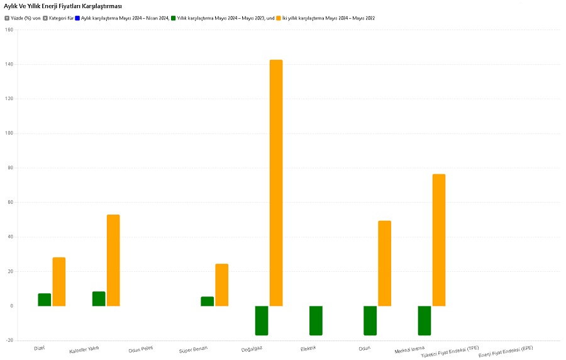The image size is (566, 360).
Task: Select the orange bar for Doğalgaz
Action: tap(276, 183)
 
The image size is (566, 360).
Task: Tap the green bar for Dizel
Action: tap(44, 300)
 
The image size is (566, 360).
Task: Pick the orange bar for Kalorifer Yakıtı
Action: tap(113, 260)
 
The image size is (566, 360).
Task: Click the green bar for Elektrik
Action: tap(316, 320)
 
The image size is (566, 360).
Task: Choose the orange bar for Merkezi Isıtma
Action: tap(439, 240)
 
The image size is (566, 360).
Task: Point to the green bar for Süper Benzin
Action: tap(207, 301)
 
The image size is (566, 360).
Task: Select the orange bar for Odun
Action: tap(384, 263)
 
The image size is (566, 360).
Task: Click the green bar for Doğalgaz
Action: tap(262, 320)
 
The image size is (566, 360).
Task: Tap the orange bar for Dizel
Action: tap(59, 281)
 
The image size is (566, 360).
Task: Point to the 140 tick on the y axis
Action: tap(8, 64)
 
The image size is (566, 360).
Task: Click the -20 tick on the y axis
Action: tap(8, 340)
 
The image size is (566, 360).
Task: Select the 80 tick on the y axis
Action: tap(9, 168)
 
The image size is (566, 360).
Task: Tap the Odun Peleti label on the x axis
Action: tap(140, 349)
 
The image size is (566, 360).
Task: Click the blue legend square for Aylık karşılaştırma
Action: tap(77, 18)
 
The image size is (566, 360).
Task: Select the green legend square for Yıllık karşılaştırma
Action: tap(174, 18)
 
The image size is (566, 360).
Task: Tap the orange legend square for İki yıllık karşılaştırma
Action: tap(279, 18)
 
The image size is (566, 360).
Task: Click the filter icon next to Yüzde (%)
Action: tap(7, 18)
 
